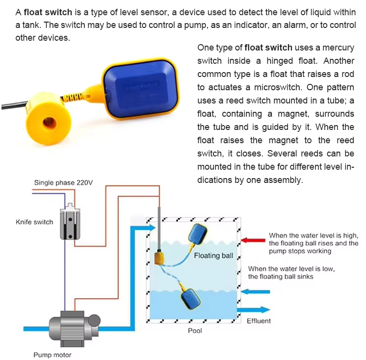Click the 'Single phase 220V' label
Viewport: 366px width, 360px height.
[x=63, y=182]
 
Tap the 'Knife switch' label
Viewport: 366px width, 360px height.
[x=34, y=222]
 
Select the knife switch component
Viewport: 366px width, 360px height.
[x=70, y=222]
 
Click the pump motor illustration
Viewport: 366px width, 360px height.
[x=75, y=328]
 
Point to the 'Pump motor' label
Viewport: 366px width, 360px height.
[x=52, y=355]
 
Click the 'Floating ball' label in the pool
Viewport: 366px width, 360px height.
[x=213, y=256]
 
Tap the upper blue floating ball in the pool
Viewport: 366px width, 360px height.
[x=197, y=234]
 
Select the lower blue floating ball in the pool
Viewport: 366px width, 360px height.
[x=191, y=299]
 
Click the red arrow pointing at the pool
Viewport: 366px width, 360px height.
[x=253, y=240]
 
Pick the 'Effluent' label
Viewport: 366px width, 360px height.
[x=259, y=321]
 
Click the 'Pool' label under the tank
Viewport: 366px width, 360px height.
[x=195, y=331]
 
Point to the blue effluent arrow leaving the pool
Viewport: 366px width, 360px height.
[x=254, y=309]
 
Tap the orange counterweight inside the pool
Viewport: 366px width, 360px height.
[x=159, y=257]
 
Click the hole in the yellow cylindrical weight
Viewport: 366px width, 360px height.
[x=50, y=123]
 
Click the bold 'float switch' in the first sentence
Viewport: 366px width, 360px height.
[x=48, y=12]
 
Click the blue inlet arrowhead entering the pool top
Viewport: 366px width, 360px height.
[x=152, y=228]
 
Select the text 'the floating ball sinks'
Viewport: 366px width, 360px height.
[x=280, y=277]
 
